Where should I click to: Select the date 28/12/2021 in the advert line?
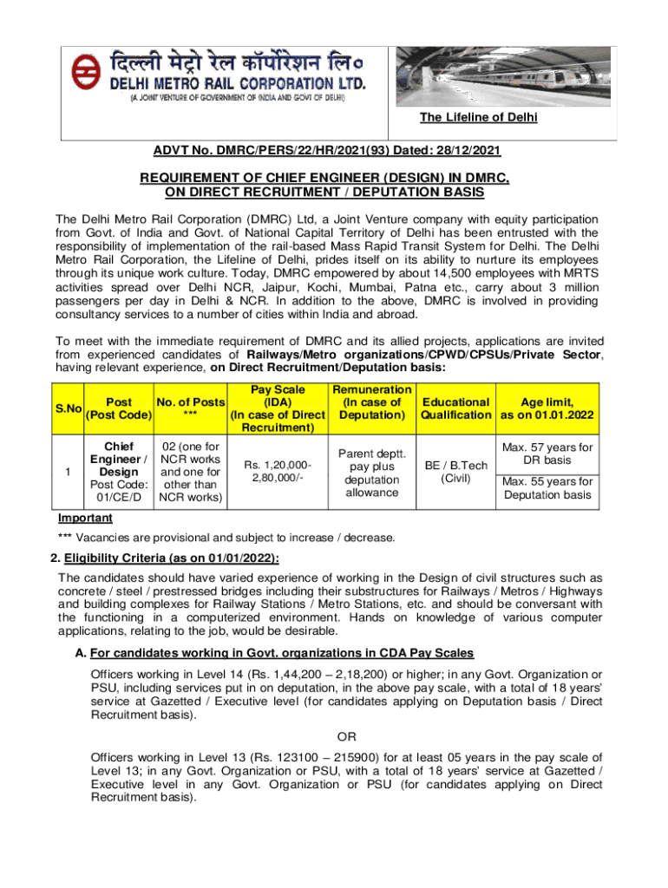click(x=468, y=151)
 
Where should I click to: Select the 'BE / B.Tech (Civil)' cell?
click(x=455, y=473)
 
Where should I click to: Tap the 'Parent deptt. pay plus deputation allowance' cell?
click(x=371, y=473)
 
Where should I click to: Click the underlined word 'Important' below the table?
click(x=85, y=518)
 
